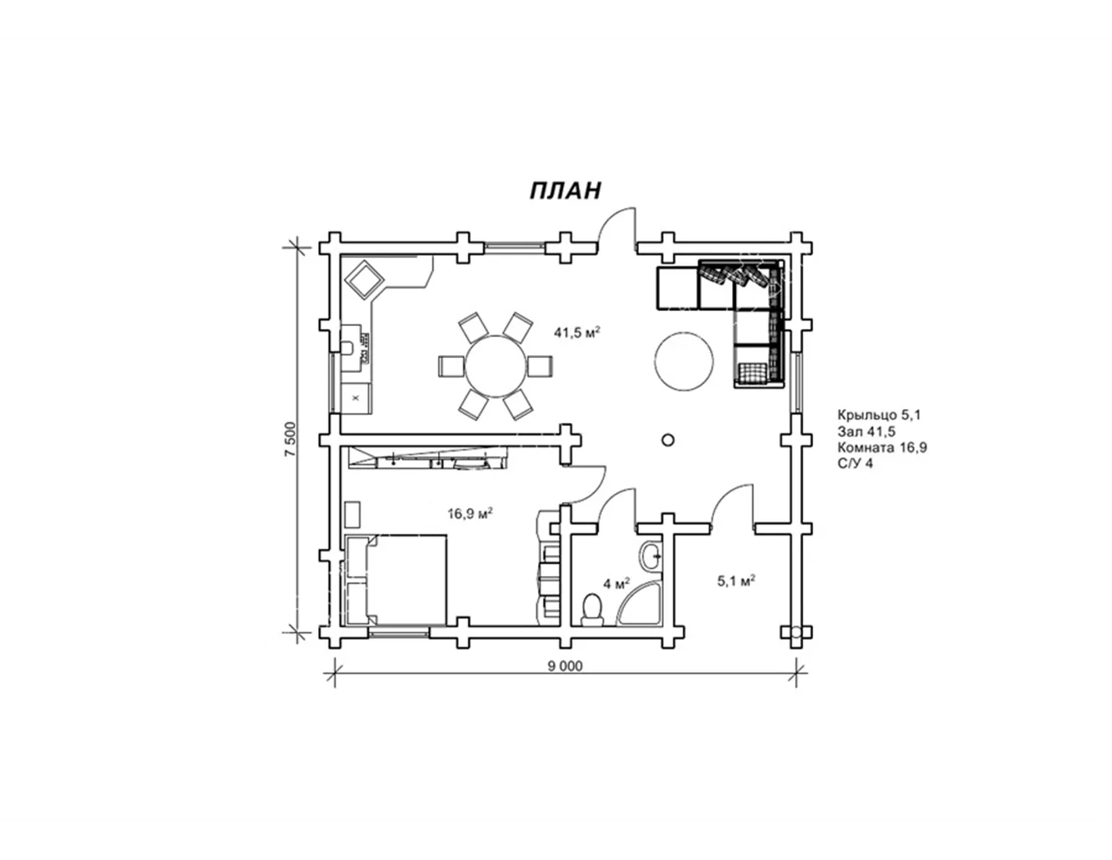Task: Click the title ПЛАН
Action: tap(565, 190)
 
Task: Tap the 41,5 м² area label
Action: tap(577, 332)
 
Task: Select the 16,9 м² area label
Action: tap(470, 513)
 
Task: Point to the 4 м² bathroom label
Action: tap(617, 583)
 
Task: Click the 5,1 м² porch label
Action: tap(737, 581)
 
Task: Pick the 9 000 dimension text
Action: tap(565, 665)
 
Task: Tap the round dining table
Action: tap(495, 366)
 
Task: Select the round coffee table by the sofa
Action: tap(683, 361)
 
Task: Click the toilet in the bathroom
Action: tap(593, 610)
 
